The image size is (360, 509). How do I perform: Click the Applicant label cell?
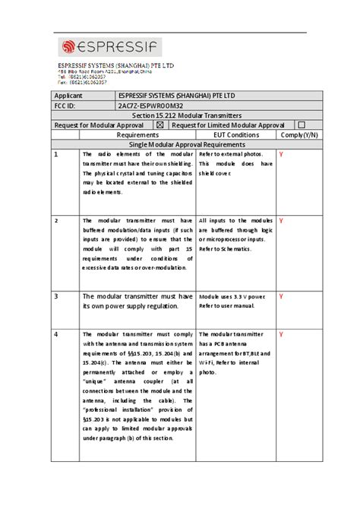click(x=68, y=96)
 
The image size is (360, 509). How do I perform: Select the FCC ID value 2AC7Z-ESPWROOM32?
click(x=150, y=106)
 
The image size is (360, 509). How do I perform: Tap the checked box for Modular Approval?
click(x=159, y=125)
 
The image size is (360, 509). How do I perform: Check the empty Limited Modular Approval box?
click(x=301, y=125)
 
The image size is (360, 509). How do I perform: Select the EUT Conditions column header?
click(x=236, y=134)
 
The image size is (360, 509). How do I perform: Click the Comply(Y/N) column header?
click(x=298, y=134)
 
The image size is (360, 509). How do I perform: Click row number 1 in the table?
click(x=55, y=154)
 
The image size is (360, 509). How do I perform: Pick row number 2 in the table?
click(x=55, y=220)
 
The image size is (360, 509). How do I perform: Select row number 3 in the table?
click(x=55, y=296)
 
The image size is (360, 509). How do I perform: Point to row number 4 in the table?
click(x=55, y=334)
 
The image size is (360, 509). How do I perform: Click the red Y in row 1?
click(x=281, y=154)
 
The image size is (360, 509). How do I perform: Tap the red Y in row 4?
click(x=281, y=334)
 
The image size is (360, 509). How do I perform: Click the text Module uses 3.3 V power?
click(x=232, y=296)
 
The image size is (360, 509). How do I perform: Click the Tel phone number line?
click(x=84, y=77)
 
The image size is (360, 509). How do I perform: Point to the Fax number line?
click(x=83, y=81)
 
